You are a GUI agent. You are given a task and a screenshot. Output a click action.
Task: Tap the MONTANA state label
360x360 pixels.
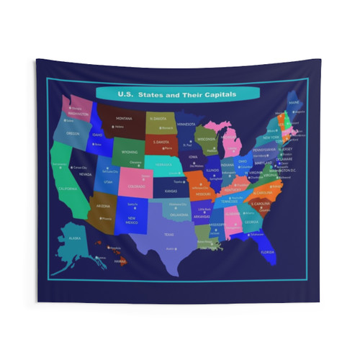[125, 118]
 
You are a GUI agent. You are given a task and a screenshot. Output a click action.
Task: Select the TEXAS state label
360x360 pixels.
[170, 234]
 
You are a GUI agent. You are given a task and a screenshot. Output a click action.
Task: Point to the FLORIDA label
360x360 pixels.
[267, 252]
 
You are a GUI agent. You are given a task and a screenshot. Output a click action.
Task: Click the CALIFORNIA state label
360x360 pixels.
[68, 189]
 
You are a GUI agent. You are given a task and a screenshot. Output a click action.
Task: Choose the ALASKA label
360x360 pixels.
[74, 238]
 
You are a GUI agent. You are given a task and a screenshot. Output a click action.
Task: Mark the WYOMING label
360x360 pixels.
[130, 152]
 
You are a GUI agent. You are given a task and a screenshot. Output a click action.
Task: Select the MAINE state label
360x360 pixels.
[294, 103]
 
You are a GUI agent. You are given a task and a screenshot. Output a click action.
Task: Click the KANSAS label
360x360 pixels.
[171, 192]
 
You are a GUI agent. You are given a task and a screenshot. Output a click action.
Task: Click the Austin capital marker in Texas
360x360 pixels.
[168, 248]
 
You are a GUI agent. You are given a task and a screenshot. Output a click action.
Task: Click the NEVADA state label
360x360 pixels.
[85, 174]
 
